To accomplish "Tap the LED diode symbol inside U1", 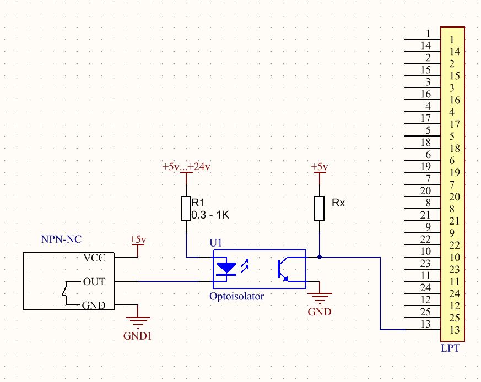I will click(226, 269).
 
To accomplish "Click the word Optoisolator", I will click(236, 296).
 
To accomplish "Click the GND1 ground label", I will click(137, 335).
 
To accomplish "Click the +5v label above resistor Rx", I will click(320, 167).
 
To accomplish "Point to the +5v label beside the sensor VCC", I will click(138, 240).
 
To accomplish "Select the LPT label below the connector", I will click(451, 348).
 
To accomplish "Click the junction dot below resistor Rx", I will click(320, 257).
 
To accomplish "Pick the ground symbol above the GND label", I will click(320, 299).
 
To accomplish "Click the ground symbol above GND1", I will click(137, 321).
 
